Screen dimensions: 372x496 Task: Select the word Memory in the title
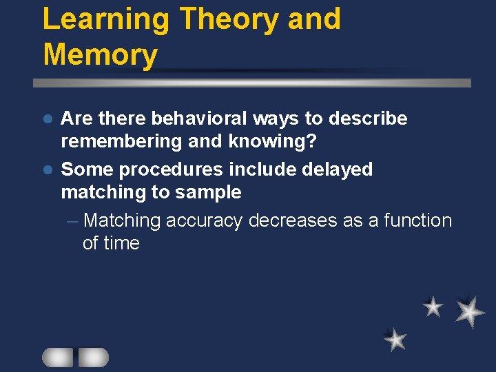click(100, 54)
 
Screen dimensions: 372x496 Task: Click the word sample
click(209, 192)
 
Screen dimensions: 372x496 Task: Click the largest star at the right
click(470, 311)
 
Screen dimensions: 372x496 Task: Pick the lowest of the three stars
click(395, 339)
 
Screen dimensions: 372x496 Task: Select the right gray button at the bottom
click(93, 357)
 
